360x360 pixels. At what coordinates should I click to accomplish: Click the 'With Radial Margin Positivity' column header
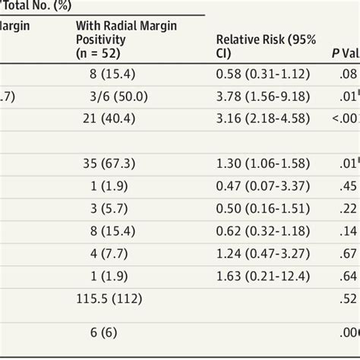point(126,39)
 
